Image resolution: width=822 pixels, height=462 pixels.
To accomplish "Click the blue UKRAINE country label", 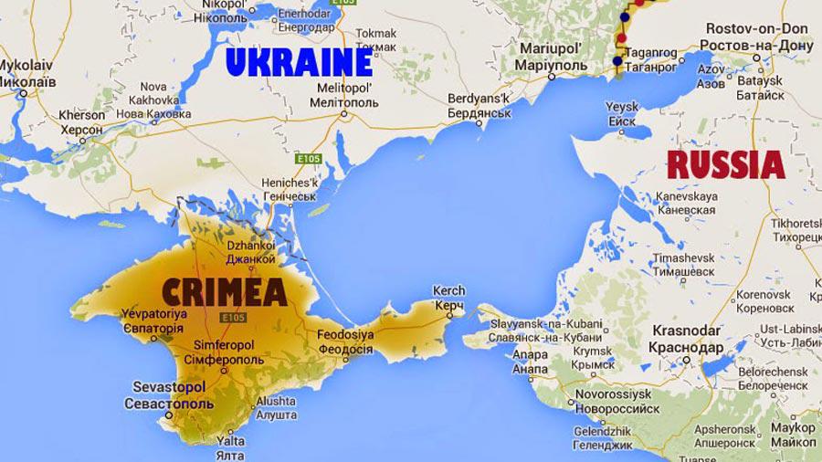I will (x=299, y=63).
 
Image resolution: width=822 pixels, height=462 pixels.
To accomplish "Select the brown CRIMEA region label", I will (x=224, y=293).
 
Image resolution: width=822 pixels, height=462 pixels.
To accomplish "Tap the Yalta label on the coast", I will (x=230, y=445).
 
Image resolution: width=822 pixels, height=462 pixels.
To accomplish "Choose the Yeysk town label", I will (x=621, y=114).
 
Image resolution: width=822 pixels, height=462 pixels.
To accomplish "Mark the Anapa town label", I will (x=531, y=362).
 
